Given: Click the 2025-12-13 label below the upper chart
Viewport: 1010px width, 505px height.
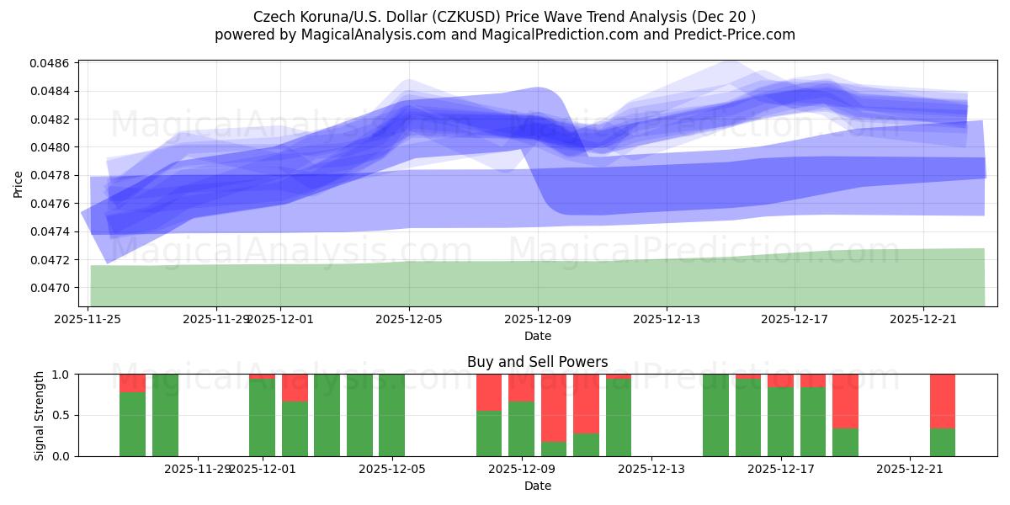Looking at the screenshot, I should tap(666, 319).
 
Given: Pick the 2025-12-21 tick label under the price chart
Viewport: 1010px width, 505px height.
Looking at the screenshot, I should tap(923, 319).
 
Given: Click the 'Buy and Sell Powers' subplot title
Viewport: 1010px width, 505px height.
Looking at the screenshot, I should tap(537, 362).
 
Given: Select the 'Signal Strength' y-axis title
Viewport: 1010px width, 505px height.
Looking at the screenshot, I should tap(39, 415).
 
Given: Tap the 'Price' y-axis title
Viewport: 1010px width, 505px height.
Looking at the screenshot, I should tap(19, 183).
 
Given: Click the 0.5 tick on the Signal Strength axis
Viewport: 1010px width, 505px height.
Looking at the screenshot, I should tap(61, 415).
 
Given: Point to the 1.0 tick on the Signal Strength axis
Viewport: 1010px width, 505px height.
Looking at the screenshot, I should tap(61, 374).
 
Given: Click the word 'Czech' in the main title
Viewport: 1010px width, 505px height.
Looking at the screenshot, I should tap(271, 17).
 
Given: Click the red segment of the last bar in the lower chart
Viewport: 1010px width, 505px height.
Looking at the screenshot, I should tap(942, 401).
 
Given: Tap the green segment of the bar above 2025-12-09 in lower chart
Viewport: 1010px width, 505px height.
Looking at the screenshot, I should tap(521, 428).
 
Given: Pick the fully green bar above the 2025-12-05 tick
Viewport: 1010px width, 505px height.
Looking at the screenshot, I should tap(391, 415).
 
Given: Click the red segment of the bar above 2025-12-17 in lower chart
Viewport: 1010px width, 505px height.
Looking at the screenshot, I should tap(780, 380).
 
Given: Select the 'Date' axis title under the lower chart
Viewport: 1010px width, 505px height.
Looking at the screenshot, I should tap(537, 486).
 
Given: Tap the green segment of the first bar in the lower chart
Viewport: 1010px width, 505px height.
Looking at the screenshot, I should tap(132, 424).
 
